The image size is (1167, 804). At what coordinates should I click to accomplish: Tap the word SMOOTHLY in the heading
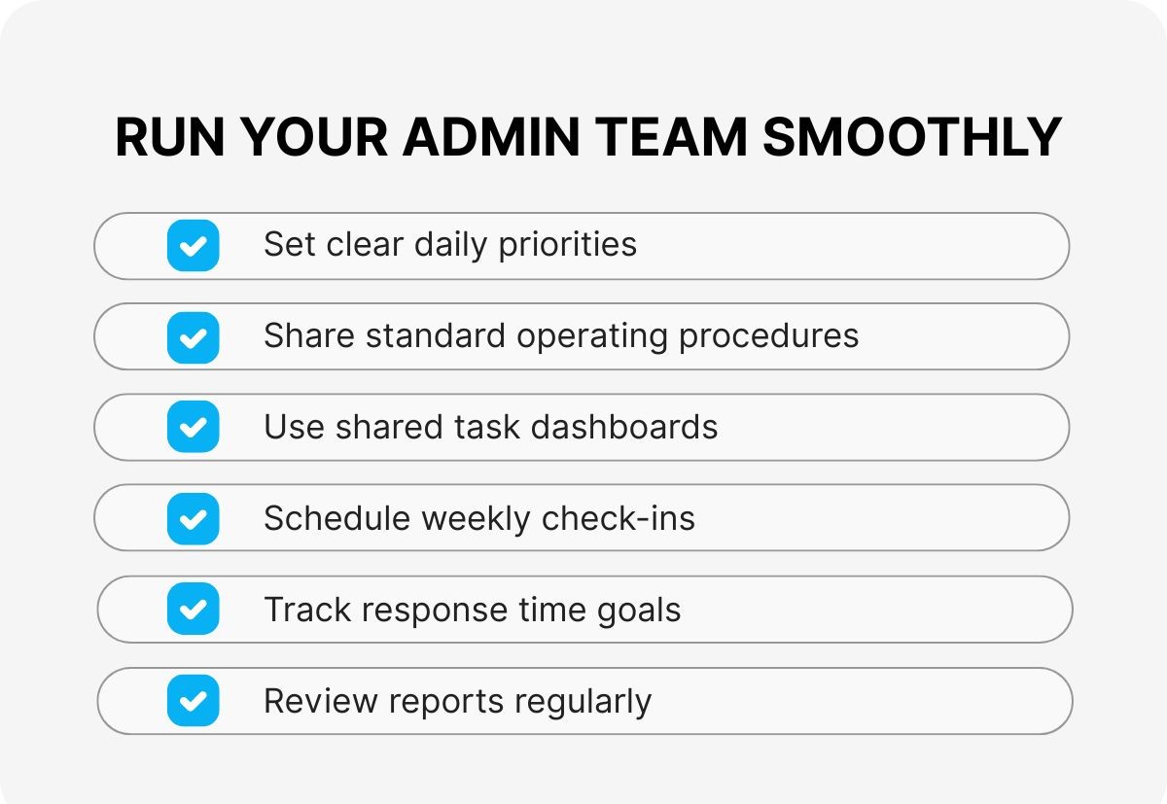[x=911, y=137]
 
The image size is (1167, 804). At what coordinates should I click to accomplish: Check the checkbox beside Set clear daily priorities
[x=194, y=245]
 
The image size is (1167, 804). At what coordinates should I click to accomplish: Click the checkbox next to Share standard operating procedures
[x=194, y=337]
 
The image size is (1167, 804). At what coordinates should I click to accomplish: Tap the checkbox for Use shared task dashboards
[x=194, y=428]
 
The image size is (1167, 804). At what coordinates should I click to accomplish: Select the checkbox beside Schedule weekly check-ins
[x=194, y=519]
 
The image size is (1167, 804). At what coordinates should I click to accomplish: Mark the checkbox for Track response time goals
[x=194, y=610]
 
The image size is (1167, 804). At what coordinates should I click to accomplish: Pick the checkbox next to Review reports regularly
[x=194, y=701]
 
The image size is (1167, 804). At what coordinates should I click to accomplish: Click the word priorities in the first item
[x=567, y=244]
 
